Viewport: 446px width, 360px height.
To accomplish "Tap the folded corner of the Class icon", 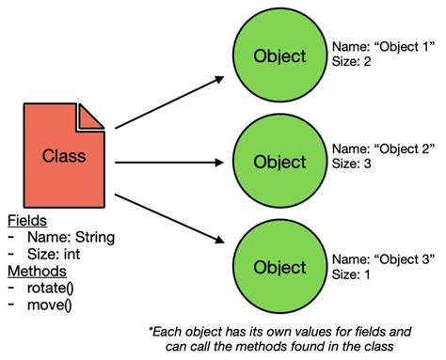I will coord(91,117).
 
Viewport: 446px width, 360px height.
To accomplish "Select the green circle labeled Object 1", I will coord(279,56).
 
